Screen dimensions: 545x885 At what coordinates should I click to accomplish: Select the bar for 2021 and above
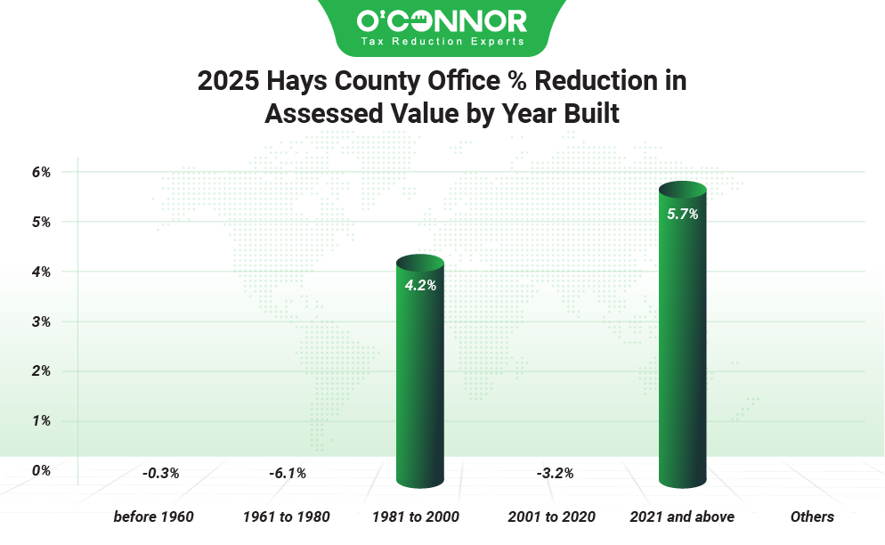(x=682, y=338)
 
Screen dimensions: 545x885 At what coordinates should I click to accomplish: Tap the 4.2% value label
(x=419, y=286)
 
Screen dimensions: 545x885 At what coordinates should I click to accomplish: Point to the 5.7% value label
(x=682, y=214)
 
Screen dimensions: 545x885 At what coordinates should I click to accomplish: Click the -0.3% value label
(x=160, y=473)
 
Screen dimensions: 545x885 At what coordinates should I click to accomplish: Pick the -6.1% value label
(x=288, y=473)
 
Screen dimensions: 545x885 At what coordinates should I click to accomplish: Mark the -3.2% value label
(x=555, y=473)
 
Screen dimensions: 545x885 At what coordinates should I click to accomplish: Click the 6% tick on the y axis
(x=42, y=172)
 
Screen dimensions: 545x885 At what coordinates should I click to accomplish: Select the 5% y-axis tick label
(x=42, y=222)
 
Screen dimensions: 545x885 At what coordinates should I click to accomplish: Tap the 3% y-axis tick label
(x=42, y=321)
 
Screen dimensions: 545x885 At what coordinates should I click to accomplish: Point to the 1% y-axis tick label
(x=42, y=421)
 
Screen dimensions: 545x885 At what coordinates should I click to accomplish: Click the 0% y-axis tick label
(x=42, y=470)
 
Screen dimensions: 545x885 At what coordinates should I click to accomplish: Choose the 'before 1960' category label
(x=153, y=517)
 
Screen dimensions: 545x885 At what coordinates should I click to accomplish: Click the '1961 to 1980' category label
(x=287, y=517)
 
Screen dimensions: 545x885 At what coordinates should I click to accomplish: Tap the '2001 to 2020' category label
(x=551, y=517)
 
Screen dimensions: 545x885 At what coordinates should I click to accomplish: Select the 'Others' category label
(x=812, y=517)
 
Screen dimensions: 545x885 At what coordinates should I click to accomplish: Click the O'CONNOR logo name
(x=442, y=20)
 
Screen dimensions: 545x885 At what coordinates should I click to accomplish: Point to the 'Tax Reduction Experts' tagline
(x=442, y=41)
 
